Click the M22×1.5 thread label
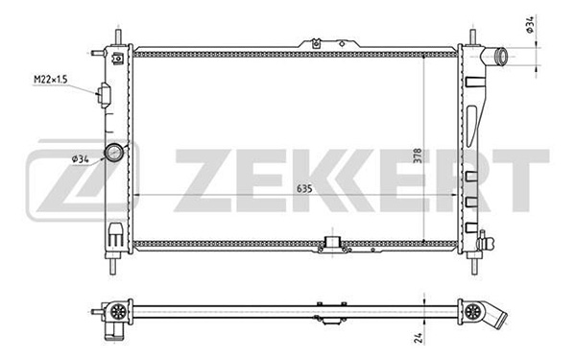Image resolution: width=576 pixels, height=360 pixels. click(51, 79)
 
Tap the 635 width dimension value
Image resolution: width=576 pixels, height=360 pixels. click(304, 188)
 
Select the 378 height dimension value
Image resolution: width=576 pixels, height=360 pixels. click(418, 156)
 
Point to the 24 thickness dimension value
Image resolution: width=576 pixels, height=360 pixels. click(419, 338)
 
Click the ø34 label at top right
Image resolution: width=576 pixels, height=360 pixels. click(530, 25)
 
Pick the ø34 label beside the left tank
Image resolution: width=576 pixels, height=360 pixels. click(81, 159)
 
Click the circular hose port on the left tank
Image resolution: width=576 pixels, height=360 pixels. click(114, 152)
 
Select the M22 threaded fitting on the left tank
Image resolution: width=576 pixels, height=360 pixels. click(104, 95)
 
